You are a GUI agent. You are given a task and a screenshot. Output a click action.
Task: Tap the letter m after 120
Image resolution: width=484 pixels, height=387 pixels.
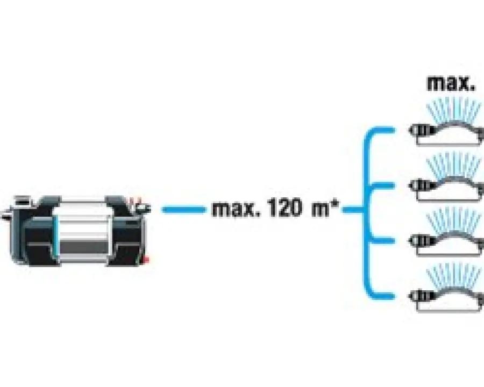(319, 210)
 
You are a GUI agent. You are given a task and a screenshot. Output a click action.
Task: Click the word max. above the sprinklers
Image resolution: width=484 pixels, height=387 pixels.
(451, 83)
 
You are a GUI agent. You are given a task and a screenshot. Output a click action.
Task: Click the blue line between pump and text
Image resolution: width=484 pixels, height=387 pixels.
(182, 210)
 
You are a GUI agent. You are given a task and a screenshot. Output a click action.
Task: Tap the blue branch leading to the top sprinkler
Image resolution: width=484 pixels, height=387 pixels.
(385, 131)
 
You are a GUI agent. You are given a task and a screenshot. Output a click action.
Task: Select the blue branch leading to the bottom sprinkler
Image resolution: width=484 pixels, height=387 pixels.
(385, 295)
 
